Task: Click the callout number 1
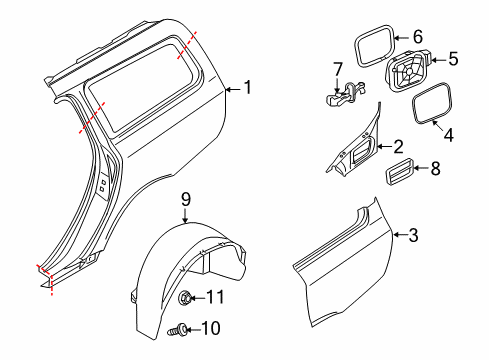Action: pos(247,89)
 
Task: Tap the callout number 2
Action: pos(398,146)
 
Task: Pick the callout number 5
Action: pos(453,60)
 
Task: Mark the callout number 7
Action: pos(337,68)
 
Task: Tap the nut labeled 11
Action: pos(186,297)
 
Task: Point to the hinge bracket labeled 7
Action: pos(343,94)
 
